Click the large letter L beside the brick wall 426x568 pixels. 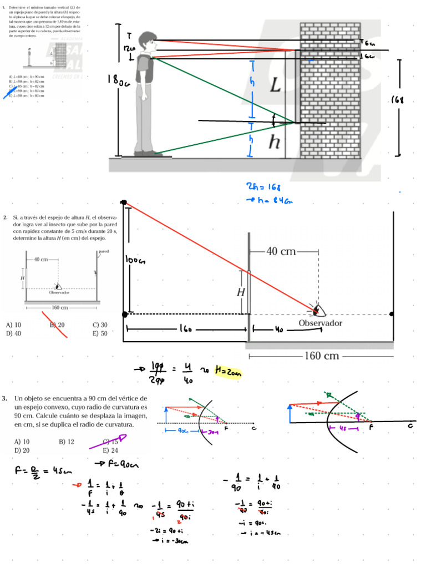click(275, 86)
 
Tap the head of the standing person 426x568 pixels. click(147, 40)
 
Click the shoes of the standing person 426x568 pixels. click(145, 153)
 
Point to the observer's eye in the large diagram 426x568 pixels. click(317, 309)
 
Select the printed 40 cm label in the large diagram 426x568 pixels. click(281, 252)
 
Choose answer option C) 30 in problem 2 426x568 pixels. click(100, 325)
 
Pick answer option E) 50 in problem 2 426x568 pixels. click(100, 334)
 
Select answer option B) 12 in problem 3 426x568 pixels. click(67, 442)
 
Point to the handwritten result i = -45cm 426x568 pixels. click(262, 533)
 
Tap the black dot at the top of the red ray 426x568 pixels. click(124, 202)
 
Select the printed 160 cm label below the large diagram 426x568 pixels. click(322, 356)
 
